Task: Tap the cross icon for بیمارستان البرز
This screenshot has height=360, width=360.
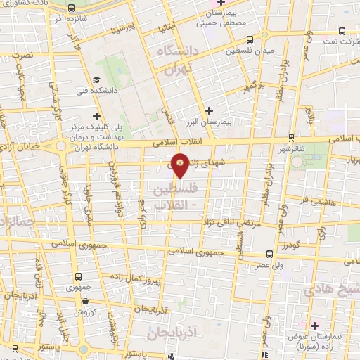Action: (209, 110)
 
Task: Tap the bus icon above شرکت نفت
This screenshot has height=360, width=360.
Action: (341, 31)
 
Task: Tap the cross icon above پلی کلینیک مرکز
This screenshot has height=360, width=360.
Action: (96, 117)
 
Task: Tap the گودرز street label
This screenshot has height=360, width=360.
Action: (290, 246)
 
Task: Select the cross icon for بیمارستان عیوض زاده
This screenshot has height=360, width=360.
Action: (314, 326)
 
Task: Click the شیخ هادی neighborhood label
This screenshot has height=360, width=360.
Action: (330, 290)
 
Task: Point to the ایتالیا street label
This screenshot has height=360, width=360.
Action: (166, 28)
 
